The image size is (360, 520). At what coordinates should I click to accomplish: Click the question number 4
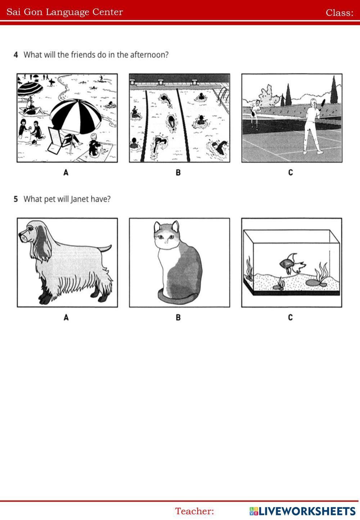[16, 55]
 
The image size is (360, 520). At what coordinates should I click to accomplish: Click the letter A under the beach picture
[66, 172]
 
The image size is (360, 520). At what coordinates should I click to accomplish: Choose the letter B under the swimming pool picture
[178, 172]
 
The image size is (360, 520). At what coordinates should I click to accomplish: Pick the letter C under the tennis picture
[291, 172]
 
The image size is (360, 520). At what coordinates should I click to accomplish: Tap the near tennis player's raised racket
[323, 104]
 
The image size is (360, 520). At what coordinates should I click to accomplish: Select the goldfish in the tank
[292, 264]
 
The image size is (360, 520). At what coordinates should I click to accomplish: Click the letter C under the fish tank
[291, 317]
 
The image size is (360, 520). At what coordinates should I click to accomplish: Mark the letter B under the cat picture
[178, 317]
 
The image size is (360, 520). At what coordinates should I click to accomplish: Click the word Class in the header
[338, 13]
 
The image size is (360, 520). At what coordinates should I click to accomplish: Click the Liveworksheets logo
[302, 511]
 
